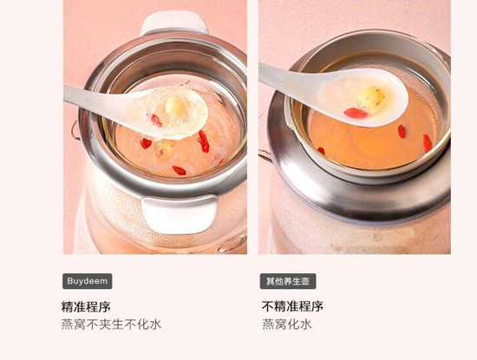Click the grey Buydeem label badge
(x=88, y=281)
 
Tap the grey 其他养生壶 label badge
(x=288, y=281)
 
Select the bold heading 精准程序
(x=86, y=306)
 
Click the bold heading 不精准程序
(x=292, y=306)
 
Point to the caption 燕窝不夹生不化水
(x=111, y=324)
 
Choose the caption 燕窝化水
(x=287, y=324)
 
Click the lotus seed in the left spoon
(x=173, y=107)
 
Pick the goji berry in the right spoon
(x=356, y=113)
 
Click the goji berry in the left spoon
(x=156, y=121)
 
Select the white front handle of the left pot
(x=180, y=213)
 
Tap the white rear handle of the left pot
(x=174, y=23)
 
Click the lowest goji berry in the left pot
(x=180, y=170)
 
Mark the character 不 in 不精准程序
(x=268, y=306)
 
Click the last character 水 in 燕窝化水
(x=306, y=324)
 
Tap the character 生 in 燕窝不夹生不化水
(x=117, y=324)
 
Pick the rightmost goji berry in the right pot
(x=428, y=143)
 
